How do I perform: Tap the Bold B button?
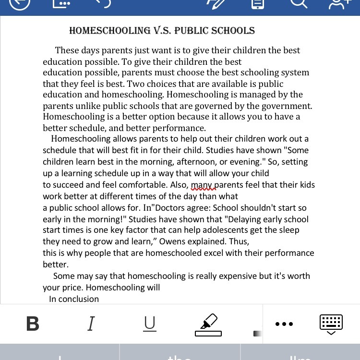click(33, 324)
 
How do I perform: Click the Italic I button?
click(91, 324)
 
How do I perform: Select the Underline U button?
click(150, 324)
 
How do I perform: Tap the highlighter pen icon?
click(208, 324)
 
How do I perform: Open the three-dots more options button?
click(284, 324)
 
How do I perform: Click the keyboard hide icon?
click(331, 324)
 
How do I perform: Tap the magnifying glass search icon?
click(298, 4)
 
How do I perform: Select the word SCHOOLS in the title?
click(234, 31)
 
